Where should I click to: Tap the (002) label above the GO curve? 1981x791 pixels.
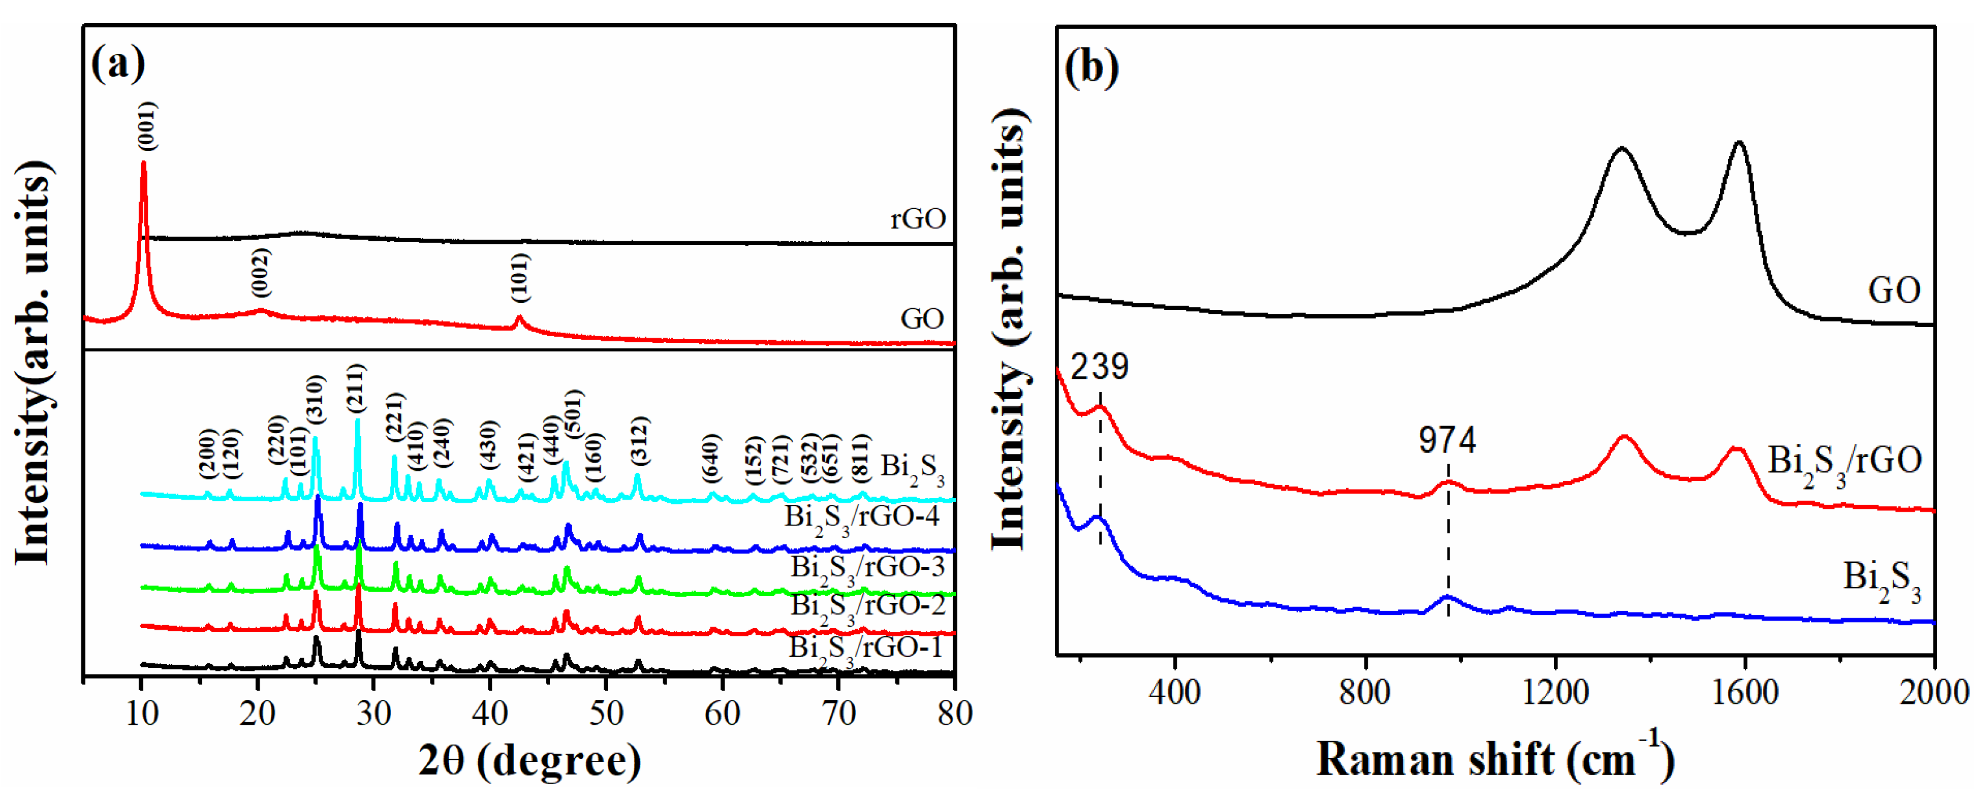click(261, 273)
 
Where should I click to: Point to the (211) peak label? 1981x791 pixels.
click(356, 391)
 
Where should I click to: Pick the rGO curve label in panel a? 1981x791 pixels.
click(918, 219)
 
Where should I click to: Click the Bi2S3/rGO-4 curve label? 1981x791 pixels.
click(862, 516)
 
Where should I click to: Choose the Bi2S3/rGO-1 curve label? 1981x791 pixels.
click(865, 648)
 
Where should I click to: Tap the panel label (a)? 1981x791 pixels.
click(117, 63)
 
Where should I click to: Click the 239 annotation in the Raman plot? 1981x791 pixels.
click(1100, 367)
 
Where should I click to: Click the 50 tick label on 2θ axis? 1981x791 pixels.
click(606, 714)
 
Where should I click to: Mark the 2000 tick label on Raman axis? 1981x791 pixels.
click(1933, 693)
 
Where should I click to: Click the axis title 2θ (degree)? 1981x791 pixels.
click(529, 761)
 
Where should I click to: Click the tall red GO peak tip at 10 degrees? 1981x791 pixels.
click(143, 163)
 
